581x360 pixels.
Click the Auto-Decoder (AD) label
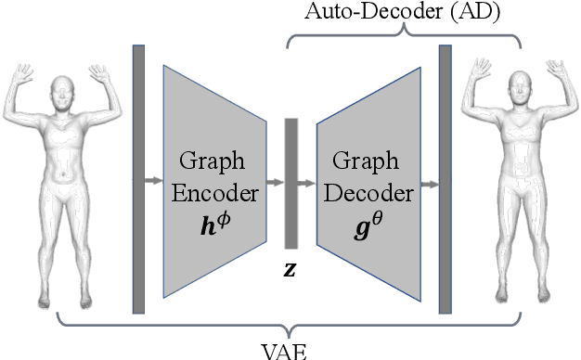point(404,12)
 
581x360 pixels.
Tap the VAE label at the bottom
point(290,351)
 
